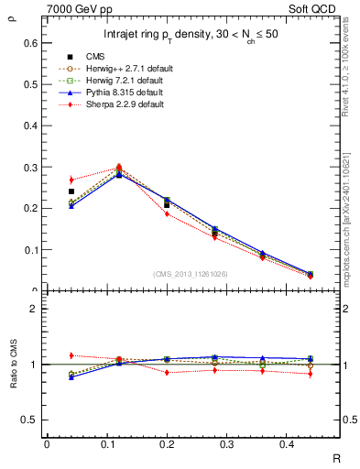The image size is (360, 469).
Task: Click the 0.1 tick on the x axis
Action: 104,444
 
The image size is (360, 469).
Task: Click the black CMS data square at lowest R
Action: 71,191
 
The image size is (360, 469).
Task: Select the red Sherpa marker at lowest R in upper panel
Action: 71,180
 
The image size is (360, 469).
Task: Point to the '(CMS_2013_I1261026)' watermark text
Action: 191,275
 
